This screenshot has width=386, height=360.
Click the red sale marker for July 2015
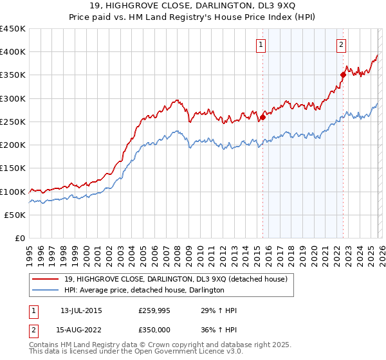[x=262, y=118]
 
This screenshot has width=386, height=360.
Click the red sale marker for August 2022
[x=343, y=75]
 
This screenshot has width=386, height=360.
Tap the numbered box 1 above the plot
[x=261, y=44]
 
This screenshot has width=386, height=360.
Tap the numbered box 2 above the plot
[x=340, y=44]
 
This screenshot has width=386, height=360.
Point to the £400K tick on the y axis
[x=13, y=52]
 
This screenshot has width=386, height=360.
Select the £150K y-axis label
[x=13, y=168]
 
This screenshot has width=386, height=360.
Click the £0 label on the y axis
[x=19, y=239]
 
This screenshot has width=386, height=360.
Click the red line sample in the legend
[x=46, y=278]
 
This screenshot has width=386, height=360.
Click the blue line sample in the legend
[x=46, y=290]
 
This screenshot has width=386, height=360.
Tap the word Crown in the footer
[x=159, y=346]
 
